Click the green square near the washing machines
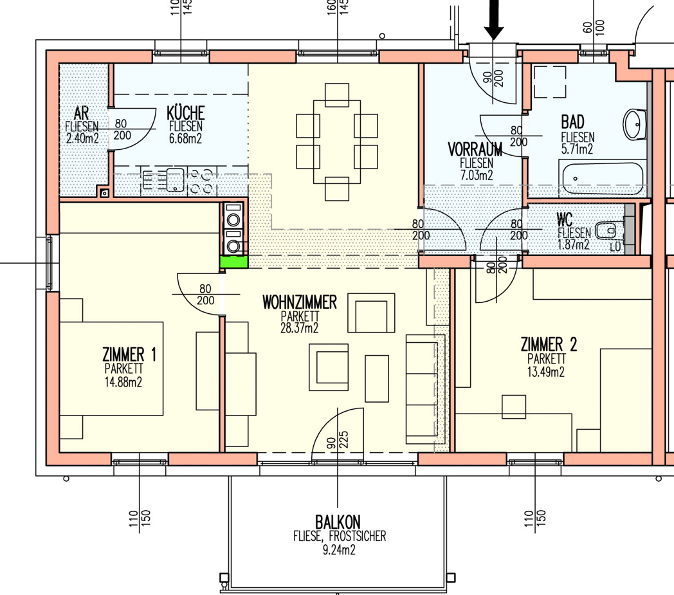234,262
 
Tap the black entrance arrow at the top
494,19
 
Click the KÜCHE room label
185,113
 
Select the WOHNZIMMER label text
300,302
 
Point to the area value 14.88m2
123,382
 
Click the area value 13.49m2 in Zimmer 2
546,372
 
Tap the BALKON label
338,522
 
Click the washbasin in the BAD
635,124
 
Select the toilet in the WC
606,230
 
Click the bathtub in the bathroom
601,178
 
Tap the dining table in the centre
337,142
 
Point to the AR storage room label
81,113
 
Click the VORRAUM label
475,150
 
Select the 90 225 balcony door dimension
338,440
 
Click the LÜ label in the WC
615,247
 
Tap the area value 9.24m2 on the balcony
339,550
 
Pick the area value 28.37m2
300,328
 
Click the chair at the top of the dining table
337,95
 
